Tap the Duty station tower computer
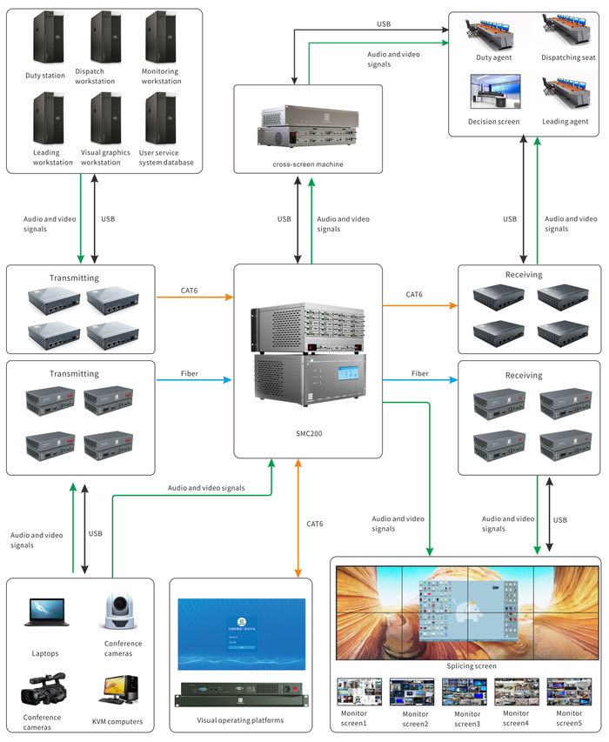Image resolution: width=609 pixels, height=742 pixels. (x=45, y=38)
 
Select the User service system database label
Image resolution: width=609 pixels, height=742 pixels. (x=166, y=157)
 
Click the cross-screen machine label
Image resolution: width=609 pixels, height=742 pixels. (x=307, y=164)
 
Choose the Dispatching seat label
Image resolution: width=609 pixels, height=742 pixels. (x=569, y=57)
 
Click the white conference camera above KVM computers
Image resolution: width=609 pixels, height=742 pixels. (x=117, y=615)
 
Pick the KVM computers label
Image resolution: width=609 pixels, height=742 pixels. (x=117, y=722)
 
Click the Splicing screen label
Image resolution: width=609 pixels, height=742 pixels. (x=466, y=665)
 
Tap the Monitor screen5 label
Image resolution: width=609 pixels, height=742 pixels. (x=569, y=719)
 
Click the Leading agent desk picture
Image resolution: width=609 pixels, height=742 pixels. (x=568, y=93)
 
